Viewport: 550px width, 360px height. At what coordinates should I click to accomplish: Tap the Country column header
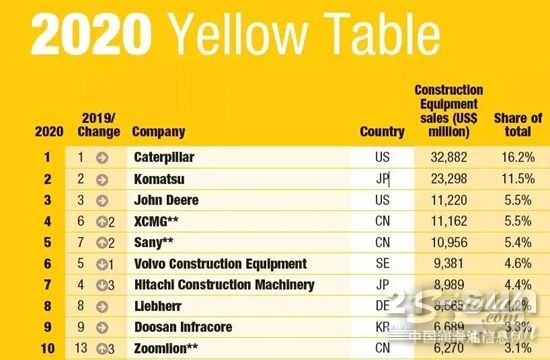(382, 131)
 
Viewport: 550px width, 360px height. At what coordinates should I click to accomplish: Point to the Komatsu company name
(158, 179)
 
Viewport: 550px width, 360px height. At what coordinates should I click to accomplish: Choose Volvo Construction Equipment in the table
(220, 264)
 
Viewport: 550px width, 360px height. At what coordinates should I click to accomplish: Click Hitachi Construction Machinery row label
(224, 285)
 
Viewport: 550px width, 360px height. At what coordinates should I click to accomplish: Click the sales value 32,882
(448, 157)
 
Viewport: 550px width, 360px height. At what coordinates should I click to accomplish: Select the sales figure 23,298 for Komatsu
(448, 179)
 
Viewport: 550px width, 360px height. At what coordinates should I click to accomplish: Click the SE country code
(382, 264)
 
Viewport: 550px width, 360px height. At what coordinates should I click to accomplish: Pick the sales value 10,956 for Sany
(448, 242)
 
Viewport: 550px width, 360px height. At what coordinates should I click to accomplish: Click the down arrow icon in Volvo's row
(102, 264)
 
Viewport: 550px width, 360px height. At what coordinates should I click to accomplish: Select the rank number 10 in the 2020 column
(46, 348)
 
